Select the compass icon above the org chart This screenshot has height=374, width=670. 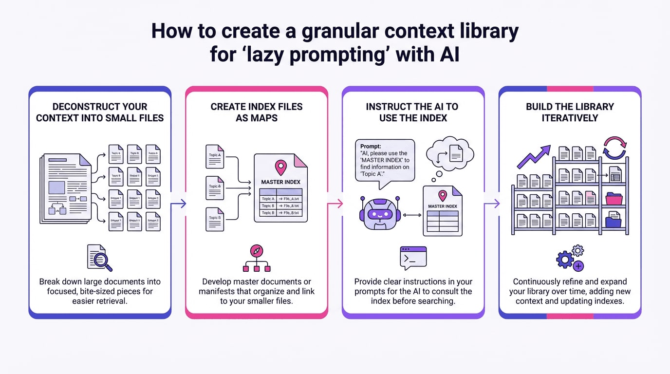(257, 251)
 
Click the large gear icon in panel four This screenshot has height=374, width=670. (564, 260)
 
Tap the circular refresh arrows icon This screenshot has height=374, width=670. (614, 148)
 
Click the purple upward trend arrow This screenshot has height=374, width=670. (534, 156)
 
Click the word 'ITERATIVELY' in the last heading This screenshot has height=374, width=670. (570, 117)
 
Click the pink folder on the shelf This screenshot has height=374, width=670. (614, 199)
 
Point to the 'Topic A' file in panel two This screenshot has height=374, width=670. (214, 155)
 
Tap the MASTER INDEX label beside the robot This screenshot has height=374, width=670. (443, 206)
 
